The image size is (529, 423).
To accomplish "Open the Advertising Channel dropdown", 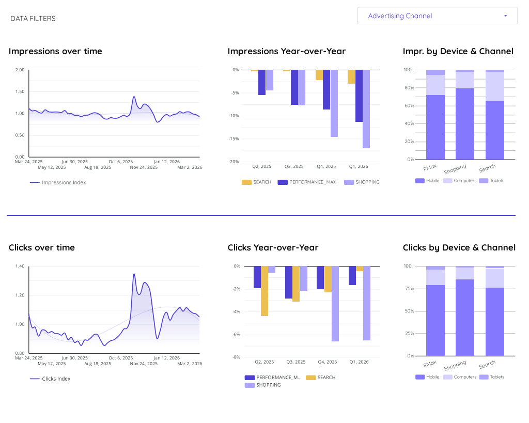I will click(x=437, y=16).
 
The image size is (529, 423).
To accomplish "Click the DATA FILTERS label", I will click(x=33, y=19).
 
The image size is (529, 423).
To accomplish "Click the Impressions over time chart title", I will click(x=55, y=51).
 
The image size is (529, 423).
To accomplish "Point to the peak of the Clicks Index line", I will click(x=134, y=274).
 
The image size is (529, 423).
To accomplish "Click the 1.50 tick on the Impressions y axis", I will click(x=20, y=91).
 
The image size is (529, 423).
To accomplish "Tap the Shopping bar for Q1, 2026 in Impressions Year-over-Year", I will click(x=366, y=109).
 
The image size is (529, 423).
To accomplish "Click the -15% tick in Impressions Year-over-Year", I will click(x=234, y=138).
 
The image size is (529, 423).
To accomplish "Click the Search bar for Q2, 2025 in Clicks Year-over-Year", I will click(x=264, y=291).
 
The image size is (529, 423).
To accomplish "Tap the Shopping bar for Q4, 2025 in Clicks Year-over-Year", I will click(x=335, y=304).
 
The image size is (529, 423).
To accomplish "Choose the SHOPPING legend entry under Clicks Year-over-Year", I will click(x=268, y=385).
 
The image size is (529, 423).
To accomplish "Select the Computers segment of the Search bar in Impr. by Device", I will click(x=494, y=86).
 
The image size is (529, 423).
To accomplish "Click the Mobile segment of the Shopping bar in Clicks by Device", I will click(x=465, y=317).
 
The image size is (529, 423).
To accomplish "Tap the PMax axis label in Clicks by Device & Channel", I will click(x=430, y=363).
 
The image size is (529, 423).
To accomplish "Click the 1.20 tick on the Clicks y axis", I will click(x=20, y=295).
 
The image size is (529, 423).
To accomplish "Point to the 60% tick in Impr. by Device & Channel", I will click(x=409, y=106).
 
